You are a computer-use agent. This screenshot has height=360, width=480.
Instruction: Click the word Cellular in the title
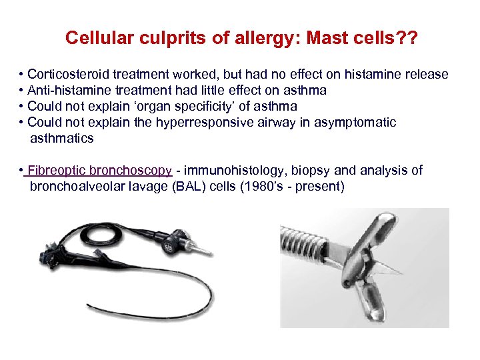[x=94, y=38]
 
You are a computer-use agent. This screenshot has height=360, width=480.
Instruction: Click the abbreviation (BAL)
[x=187, y=187]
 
